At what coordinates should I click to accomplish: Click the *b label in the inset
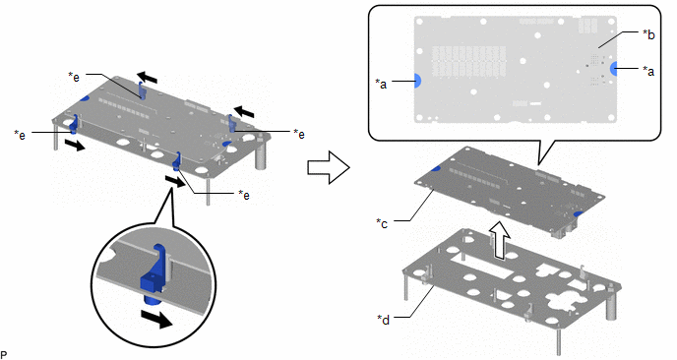pyautogui.click(x=648, y=34)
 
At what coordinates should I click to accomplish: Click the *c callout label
pyautogui.click(x=382, y=223)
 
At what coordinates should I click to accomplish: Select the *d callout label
pyautogui.click(x=383, y=320)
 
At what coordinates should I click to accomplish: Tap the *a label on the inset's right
pyautogui.click(x=648, y=71)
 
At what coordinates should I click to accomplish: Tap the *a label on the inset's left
pyautogui.click(x=381, y=84)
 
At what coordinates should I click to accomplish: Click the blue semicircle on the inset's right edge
pyautogui.click(x=614, y=69)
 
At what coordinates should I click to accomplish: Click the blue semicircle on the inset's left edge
pyautogui.click(x=417, y=81)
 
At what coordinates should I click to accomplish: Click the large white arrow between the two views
pyautogui.click(x=328, y=167)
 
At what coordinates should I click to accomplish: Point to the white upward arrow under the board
pyautogui.click(x=499, y=240)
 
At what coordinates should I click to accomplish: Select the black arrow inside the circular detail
pyautogui.click(x=158, y=317)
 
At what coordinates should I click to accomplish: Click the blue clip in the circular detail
pyautogui.click(x=154, y=272)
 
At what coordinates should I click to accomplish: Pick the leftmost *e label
pyautogui.click(x=20, y=135)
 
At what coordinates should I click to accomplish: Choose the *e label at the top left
pyautogui.click(x=74, y=77)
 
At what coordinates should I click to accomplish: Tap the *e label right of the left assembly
pyautogui.click(x=299, y=134)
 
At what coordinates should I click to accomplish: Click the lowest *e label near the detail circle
pyautogui.click(x=244, y=195)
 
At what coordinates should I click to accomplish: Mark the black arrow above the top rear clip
pyautogui.click(x=148, y=78)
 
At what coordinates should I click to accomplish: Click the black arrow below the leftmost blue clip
pyautogui.click(x=74, y=145)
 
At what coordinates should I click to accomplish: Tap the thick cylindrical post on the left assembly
pyautogui.click(x=261, y=155)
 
